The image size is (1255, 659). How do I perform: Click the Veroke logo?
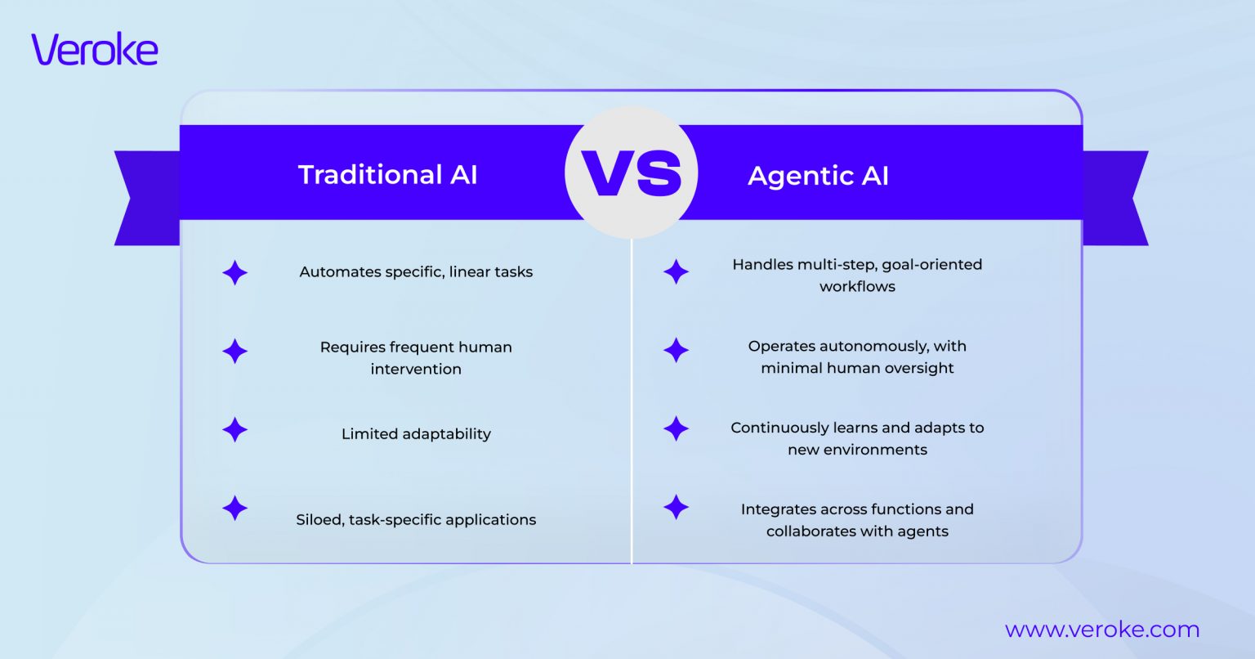click(x=95, y=50)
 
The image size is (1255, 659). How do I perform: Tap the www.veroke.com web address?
click(x=1101, y=630)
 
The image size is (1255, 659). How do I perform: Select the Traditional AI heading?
click(x=387, y=175)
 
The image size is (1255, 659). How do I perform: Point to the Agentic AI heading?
click(x=818, y=176)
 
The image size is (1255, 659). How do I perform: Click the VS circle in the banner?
click(x=631, y=173)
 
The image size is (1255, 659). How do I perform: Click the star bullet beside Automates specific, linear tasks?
click(x=234, y=272)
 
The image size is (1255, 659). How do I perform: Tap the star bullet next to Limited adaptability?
click(x=234, y=430)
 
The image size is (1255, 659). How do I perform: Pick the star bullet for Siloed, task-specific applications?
click(x=234, y=508)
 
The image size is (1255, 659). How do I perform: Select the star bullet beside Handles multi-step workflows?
click(x=676, y=271)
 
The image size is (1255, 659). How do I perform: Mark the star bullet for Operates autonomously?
click(x=676, y=351)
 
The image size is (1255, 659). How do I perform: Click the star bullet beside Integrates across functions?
click(x=676, y=507)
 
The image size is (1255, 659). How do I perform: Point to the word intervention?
click(x=416, y=370)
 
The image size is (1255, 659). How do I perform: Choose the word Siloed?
click(x=319, y=520)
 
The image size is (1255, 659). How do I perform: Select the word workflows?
click(x=857, y=287)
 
